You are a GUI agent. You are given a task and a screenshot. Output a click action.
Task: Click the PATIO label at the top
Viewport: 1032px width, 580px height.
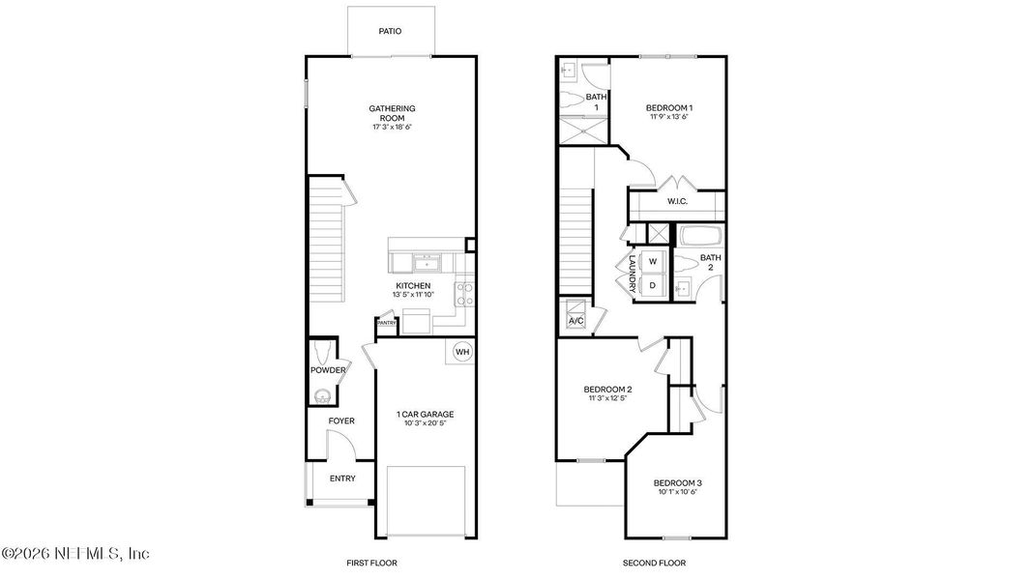[391, 31]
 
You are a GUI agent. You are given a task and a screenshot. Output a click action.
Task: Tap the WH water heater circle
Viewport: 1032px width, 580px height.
[462, 351]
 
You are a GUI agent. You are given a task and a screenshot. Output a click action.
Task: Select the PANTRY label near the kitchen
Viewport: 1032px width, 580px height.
[386, 323]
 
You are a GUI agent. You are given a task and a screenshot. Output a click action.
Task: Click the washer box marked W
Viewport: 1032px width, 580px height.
[653, 261]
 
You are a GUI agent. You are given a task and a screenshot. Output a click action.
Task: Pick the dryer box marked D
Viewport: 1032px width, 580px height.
[653, 285]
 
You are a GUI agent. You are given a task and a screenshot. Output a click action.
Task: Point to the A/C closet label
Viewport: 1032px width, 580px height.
[575, 320]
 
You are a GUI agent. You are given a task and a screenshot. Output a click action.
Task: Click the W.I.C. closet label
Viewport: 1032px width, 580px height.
[677, 202]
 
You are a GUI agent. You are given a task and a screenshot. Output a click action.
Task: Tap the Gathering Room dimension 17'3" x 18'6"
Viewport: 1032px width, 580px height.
[392, 128]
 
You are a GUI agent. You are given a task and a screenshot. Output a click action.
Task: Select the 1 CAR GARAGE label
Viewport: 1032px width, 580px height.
[425, 415]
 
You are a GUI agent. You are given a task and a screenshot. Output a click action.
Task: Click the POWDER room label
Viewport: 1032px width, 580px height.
[328, 370]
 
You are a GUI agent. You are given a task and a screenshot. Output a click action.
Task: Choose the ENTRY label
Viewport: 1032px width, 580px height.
[342, 478]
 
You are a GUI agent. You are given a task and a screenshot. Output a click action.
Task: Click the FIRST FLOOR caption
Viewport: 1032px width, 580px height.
[372, 563]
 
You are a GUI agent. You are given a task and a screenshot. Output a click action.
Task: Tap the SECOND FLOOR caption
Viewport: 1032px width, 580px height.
[656, 563]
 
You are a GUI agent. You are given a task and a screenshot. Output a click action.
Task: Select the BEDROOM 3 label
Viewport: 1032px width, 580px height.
[677, 482]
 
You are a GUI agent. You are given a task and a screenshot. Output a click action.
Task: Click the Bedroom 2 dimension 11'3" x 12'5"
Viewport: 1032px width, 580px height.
[609, 398]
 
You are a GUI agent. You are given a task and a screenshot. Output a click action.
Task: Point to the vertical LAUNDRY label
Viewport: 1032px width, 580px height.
[631, 274]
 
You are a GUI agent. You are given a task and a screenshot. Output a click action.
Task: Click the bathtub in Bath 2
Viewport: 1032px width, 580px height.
[695, 235]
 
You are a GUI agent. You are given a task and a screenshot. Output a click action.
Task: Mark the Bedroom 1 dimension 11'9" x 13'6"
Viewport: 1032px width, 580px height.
[669, 118]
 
